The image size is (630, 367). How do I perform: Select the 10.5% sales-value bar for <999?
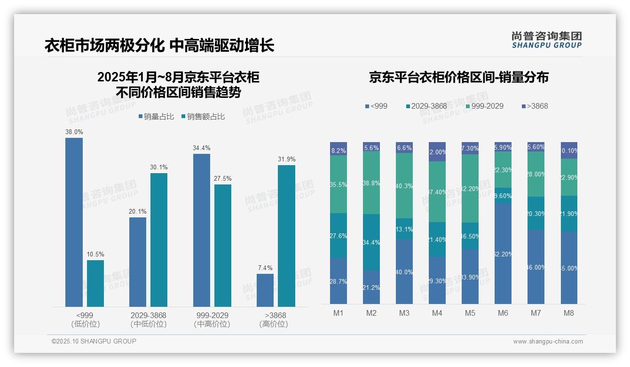coord(95,283)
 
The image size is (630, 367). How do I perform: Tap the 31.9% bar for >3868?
coord(286,236)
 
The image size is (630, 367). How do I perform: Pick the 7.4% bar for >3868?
coord(265,290)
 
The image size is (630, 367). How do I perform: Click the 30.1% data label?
coord(159,168)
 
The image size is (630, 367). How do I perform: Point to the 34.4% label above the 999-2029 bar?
coord(202,148)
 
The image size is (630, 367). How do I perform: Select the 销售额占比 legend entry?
coord(203,117)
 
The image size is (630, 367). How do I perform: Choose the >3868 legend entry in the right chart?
coord(535,106)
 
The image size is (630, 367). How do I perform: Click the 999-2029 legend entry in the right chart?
coord(481,106)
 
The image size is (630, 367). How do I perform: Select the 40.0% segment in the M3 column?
coord(404,271)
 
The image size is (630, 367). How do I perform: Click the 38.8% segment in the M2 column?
coord(371,183)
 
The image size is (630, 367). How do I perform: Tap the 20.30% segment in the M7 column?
coord(536,213)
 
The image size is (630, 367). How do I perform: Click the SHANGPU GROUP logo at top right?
coord(547,40)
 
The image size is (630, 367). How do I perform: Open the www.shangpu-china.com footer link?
coord(548,342)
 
